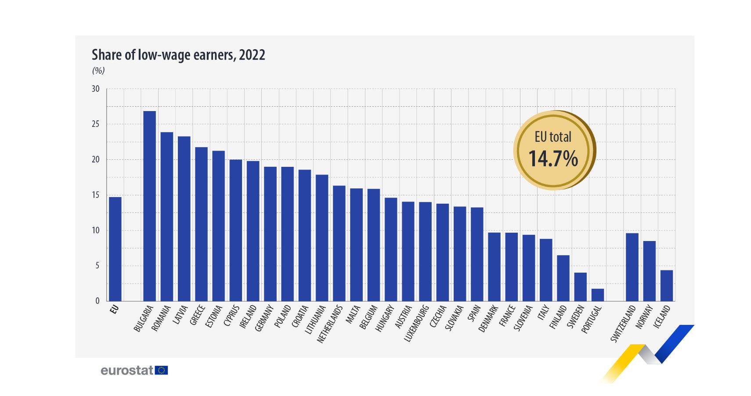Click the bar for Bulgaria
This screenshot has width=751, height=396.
(x=149, y=206)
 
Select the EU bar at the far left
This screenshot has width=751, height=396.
(x=115, y=249)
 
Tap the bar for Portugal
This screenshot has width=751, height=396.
(x=597, y=295)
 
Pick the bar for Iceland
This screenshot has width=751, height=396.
(x=666, y=285)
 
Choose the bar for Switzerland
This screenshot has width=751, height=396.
(x=632, y=267)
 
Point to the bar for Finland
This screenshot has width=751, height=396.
(x=563, y=278)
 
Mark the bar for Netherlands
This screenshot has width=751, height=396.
(x=339, y=243)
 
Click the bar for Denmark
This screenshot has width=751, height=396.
(x=494, y=266)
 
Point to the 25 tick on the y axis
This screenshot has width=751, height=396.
(x=96, y=124)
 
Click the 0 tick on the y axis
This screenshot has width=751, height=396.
(x=97, y=301)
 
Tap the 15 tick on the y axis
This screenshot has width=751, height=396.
(x=96, y=195)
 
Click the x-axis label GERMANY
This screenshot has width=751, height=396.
(x=264, y=318)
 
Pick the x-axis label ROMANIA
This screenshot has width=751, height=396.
(x=161, y=318)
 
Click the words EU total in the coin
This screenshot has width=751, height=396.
(x=553, y=137)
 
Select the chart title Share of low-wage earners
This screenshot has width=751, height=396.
(x=178, y=55)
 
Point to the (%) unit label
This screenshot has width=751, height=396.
(x=98, y=71)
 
